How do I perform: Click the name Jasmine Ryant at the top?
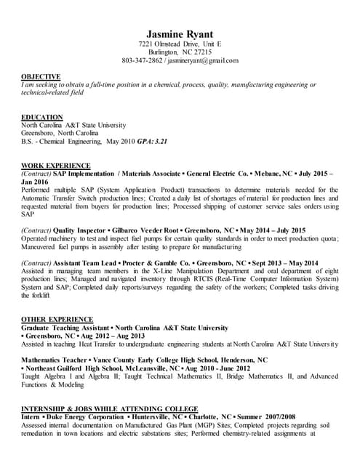(x=180, y=34)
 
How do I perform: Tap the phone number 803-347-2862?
(x=142, y=61)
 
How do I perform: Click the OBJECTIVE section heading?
(x=41, y=76)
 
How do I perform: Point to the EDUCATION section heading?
(x=42, y=117)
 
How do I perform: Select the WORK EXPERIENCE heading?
(x=56, y=166)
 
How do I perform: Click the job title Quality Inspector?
(x=82, y=230)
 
